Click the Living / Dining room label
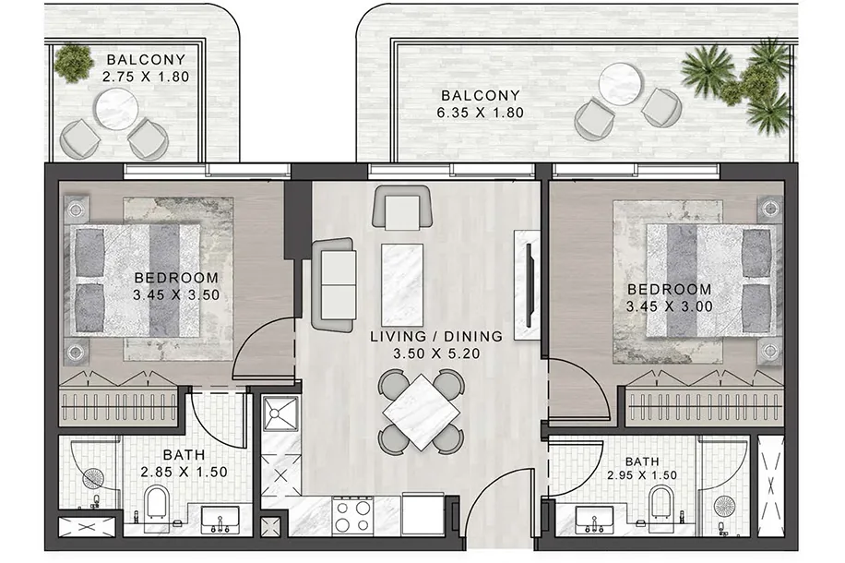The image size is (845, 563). click(436, 337)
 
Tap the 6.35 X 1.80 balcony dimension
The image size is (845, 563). click(480, 113)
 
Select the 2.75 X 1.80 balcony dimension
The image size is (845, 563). click(146, 77)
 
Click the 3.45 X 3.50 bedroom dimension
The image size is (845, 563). click(176, 295)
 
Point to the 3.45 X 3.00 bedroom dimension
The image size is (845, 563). click(670, 306)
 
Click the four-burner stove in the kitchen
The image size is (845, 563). click(352, 516)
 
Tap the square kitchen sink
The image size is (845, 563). click(280, 413)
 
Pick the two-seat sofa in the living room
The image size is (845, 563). click(334, 284)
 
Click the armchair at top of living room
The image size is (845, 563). click(402, 209)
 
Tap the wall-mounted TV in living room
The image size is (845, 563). click(530, 285)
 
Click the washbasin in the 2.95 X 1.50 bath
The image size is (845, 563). click(593, 521)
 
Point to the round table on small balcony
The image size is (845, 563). click(116, 109)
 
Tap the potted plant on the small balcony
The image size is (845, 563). click(73, 62)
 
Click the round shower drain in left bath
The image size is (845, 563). click(93, 478)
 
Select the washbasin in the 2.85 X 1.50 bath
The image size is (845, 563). click(220, 521)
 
